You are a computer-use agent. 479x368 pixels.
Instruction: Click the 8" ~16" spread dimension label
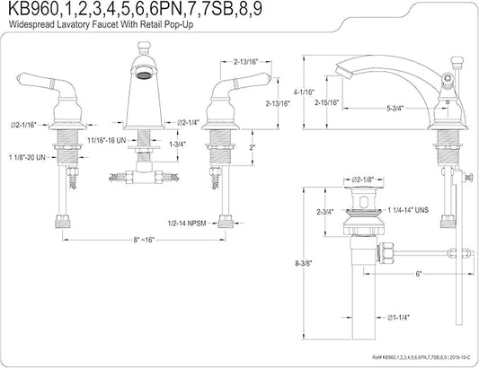(x=144, y=240)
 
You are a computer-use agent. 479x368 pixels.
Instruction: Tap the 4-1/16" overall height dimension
(x=304, y=92)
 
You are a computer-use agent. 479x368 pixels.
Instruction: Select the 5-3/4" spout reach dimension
(x=395, y=108)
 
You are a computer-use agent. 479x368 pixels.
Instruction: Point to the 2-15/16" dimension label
(x=327, y=102)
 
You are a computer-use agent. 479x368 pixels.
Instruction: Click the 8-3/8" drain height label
(x=304, y=263)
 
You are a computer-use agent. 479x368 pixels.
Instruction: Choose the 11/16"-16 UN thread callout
(x=107, y=140)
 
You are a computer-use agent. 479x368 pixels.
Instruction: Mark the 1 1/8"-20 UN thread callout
(x=27, y=157)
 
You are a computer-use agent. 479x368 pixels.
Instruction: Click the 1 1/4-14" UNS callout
(x=408, y=210)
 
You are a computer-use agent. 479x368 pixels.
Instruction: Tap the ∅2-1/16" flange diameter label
(x=23, y=125)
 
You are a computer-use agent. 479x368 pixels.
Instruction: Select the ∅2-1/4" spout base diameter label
(x=188, y=123)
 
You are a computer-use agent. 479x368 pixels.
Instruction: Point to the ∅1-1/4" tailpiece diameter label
(x=398, y=318)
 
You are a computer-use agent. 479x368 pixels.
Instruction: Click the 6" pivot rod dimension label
(x=419, y=274)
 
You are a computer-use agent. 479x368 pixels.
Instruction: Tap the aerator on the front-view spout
(x=142, y=74)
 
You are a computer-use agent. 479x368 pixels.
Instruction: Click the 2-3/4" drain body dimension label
(x=325, y=212)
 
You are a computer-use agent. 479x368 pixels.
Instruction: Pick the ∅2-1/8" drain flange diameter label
(x=362, y=180)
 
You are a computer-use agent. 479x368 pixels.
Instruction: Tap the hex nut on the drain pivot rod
(x=386, y=252)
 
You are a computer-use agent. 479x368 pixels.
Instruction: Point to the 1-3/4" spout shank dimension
(x=177, y=144)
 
